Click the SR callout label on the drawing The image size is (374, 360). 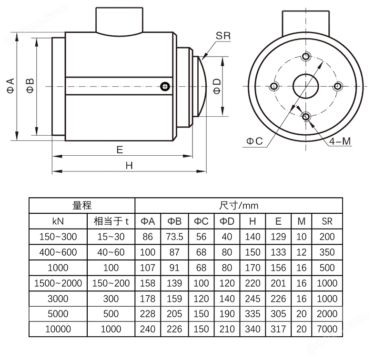(223, 36)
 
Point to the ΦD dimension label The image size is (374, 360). (217, 86)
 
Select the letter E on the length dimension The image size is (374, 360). (120, 150)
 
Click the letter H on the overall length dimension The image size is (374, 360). (129, 165)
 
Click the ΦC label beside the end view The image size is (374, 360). (254, 141)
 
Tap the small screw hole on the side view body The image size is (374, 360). (165, 86)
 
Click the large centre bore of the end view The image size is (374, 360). (305, 86)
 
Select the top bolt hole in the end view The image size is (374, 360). (306, 57)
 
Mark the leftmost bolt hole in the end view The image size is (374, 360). (274, 86)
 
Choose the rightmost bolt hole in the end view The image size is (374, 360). (337, 86)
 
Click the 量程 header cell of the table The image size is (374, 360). (82, 206)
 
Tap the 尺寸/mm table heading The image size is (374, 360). (239, 206)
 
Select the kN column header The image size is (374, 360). (58, 221)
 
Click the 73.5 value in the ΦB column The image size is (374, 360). (174, 237)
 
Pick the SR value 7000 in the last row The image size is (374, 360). (327, 329)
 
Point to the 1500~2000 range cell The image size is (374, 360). (58, 283)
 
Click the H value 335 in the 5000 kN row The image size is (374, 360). (252, 314)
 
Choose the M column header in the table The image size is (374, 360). (301, 221)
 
